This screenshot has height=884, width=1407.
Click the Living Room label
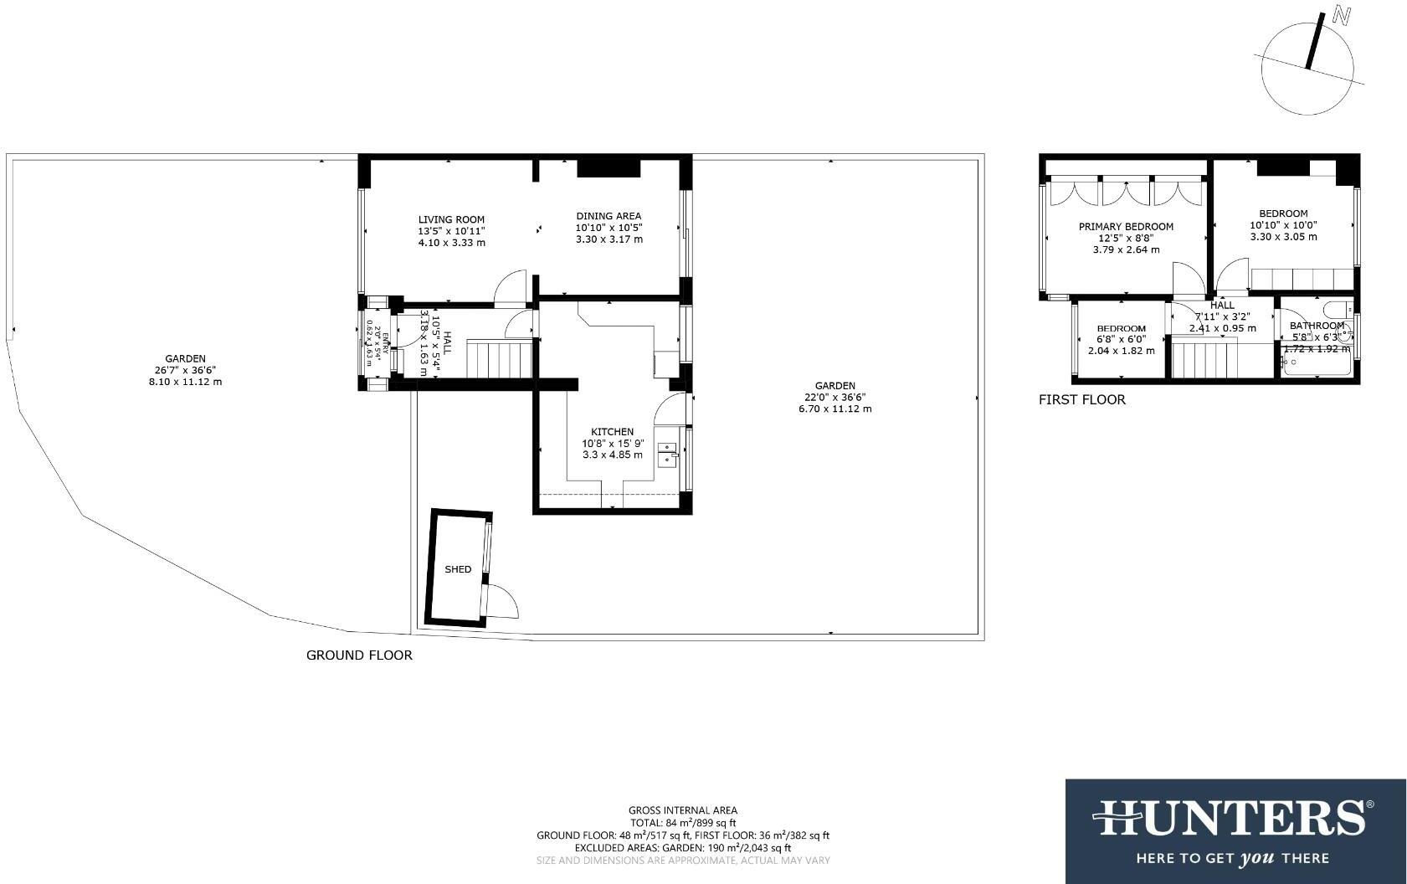451,219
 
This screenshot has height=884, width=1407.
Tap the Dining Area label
609,216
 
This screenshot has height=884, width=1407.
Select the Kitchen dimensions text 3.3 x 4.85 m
613,455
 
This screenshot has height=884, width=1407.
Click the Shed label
458,569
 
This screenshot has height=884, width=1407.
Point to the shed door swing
503,600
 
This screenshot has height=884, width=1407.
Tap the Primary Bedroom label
1126,227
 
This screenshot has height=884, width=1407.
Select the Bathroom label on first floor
1317,326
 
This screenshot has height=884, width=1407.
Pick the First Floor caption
1081,400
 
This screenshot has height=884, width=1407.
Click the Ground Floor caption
359,655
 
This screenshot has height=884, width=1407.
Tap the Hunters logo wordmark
1235,819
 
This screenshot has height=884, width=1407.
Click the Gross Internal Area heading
682,810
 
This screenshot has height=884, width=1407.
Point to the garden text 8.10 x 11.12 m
185,382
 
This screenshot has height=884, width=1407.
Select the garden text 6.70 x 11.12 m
834,409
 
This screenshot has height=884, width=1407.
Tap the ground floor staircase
499,358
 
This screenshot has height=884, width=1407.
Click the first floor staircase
1204,361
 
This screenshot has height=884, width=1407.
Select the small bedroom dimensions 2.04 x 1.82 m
1121,351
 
